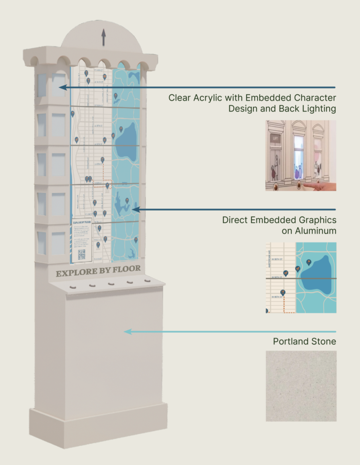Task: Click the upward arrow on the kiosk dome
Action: [x=103, y=37]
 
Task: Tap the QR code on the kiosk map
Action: [x=82, y=254]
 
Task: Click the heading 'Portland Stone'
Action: [x=304, y=342]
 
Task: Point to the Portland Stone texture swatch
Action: [x=301, y=386]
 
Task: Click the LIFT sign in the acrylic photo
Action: [x=275, y=138]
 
